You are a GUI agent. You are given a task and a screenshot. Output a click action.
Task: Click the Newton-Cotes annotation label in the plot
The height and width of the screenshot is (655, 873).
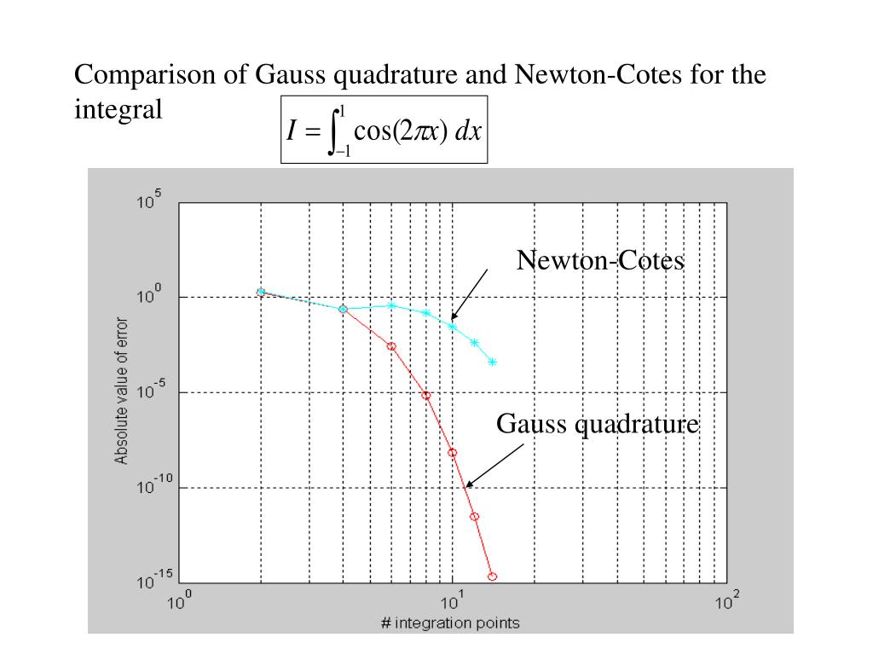pyautogui.click(x=599, y=261)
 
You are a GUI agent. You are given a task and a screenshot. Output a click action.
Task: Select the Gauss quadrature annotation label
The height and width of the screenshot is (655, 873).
pyautogui.click(x=598, y=424)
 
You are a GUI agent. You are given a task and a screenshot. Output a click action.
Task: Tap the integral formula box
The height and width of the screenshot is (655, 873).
pyautogui.click(x=384, y=130)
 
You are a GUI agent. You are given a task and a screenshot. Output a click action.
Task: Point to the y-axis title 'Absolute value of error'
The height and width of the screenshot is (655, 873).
pyautogui.click(x=122, y=391)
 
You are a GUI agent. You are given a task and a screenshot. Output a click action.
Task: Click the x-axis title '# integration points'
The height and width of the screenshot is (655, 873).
pyautogui.click(x=450, y=623)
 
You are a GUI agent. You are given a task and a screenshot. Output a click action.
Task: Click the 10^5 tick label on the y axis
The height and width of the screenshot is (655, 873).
pyautogui.click(x=149, y=203)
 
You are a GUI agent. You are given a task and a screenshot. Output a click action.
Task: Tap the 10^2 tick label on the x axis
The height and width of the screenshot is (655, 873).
pyautogui.click(x=726, y=603)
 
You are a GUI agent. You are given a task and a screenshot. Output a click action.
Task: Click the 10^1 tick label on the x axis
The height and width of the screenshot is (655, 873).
pyautogui.click(x=452, y=603)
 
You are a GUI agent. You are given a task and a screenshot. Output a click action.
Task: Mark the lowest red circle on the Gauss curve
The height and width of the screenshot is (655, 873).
pyautogui.click(x=492, y=577)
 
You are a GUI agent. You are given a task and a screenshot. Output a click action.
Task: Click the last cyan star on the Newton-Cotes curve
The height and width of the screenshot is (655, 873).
pyautogui.click(x=492, y=362)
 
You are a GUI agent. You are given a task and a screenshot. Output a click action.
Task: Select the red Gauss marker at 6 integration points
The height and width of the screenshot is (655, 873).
pyautogui.click(x=391, y=346)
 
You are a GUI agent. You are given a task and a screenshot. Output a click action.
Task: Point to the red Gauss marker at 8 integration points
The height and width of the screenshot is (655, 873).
pyautogui.click(x=425, y=396)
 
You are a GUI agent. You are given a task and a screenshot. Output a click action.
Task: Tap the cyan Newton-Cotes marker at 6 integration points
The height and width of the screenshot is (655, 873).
pyautogui.click(x=391, y=305)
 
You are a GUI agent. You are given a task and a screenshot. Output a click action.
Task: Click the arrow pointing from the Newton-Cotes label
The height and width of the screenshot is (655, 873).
pyautogui.click(x=469, y=295)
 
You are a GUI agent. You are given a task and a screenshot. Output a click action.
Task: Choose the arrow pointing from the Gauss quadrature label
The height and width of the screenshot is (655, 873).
pyautogui.click(x=494, y=466)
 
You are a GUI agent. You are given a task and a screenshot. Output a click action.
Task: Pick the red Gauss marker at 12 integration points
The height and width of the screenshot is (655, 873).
pyautogui.click(x=475, y=517)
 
